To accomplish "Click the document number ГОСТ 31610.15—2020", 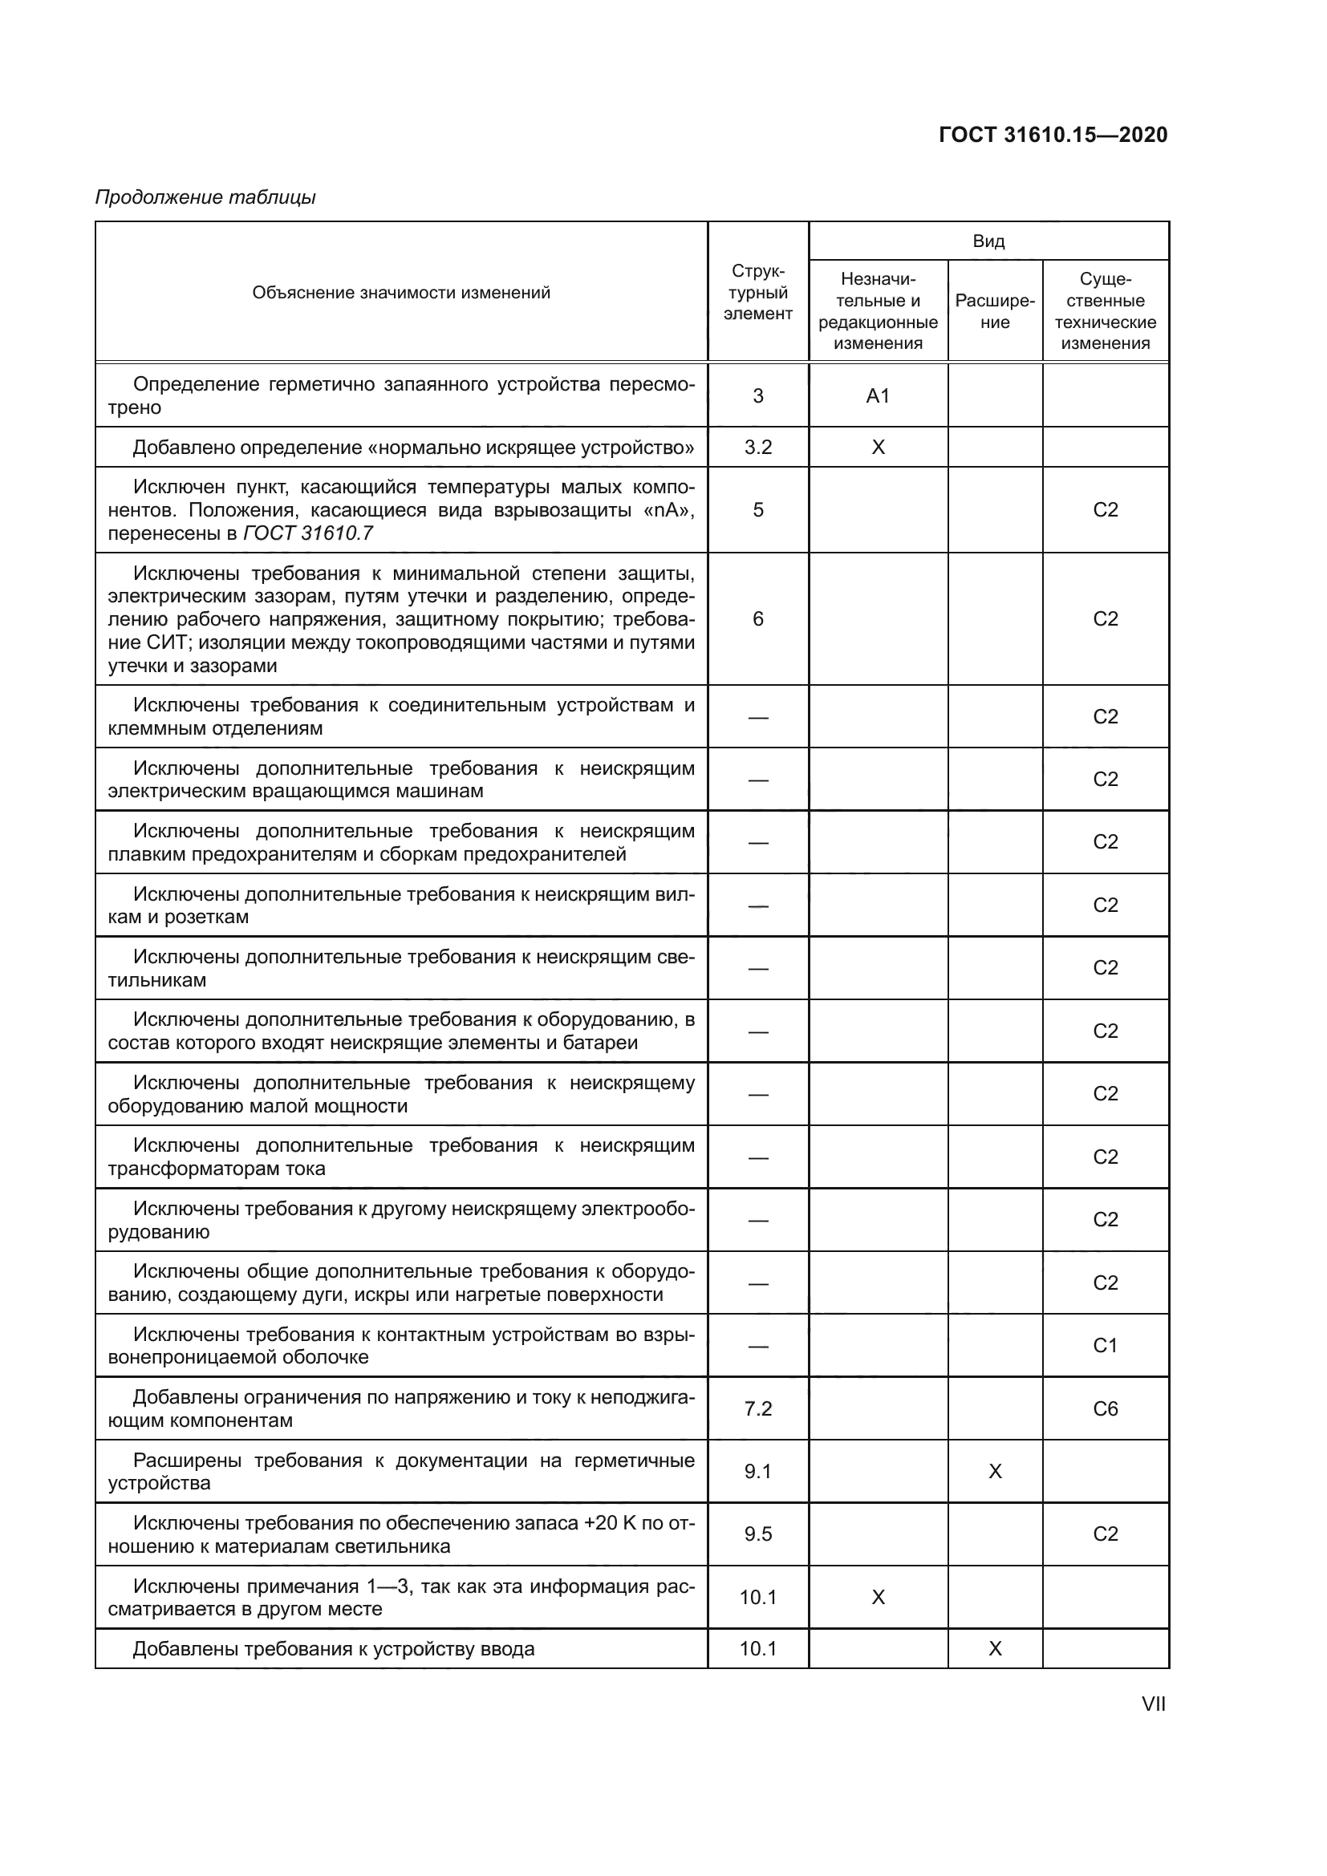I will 1053,135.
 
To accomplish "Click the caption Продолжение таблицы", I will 205,197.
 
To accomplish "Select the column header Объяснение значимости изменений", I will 401,293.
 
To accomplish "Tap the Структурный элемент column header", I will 757,293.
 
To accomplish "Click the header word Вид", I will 988,241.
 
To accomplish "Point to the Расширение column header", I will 994,311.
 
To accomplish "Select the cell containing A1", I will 878,396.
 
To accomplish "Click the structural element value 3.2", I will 757,447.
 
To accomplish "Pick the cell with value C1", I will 1105,1346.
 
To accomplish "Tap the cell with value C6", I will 1105,1408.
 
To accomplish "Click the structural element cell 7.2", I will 757,1408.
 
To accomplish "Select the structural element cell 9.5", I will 757,1534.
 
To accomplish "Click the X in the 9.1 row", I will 994,1472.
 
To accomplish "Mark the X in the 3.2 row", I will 878,447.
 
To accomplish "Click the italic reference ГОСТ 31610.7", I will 309,533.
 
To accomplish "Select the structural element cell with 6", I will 757,618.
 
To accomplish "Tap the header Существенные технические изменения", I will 1105,311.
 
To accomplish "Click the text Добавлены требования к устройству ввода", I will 334,1649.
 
